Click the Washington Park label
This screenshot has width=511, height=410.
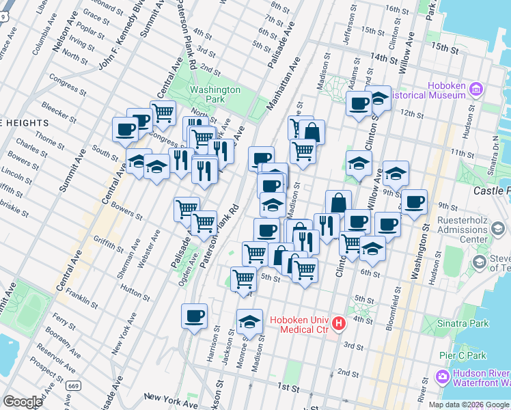[x=215, y=94]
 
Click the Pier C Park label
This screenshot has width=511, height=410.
[x=462, y=355]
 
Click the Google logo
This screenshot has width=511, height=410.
[x=23, y=402]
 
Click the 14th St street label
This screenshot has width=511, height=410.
[x=384, y=59]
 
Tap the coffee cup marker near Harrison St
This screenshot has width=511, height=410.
[x=194, y=316]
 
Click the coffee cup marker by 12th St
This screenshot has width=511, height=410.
[x=358, y=105]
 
